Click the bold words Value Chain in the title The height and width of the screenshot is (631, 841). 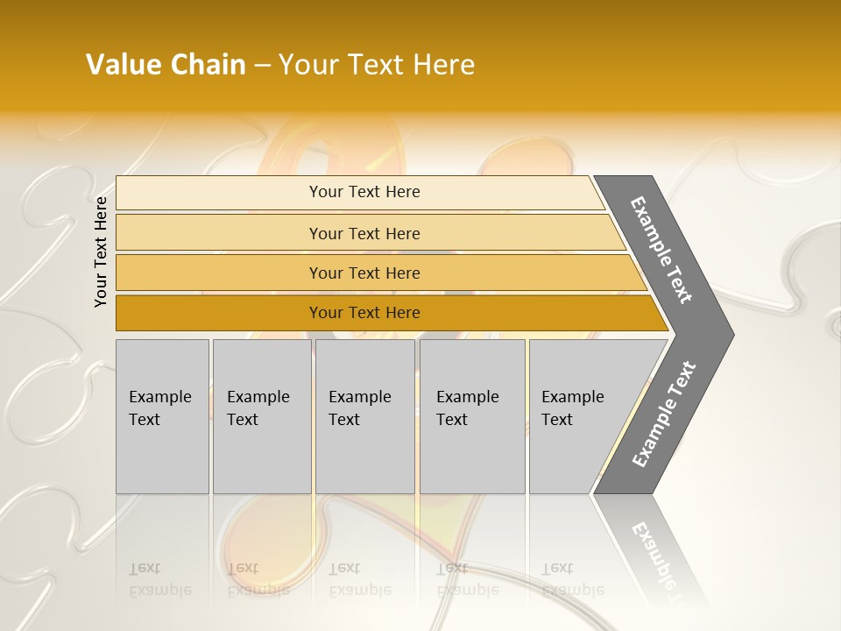(166, 65)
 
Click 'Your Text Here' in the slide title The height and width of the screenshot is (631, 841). (377, 65)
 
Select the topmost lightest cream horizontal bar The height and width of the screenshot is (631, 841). (219, 193)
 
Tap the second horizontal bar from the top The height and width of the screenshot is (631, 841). (219, 233)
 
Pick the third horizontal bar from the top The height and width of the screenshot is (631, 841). (219, 273)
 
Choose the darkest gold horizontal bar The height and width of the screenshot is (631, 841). (219, 313)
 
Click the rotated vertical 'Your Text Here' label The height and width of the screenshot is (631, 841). (101, 252)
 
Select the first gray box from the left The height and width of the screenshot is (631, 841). (162, 456)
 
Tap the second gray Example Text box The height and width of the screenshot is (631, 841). (262, 456)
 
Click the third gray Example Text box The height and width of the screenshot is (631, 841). (364, 456)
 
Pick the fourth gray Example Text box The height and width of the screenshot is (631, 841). (472, 456)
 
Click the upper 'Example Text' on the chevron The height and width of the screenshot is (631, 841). (661, 250)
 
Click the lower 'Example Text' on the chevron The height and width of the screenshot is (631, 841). (664, 415)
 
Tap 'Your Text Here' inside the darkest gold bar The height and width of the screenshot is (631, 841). (364, 313)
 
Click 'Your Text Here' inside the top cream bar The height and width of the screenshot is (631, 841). (364, 192)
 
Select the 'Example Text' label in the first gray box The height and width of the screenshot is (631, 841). (159, 408)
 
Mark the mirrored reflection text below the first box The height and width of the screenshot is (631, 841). (159, 579)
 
